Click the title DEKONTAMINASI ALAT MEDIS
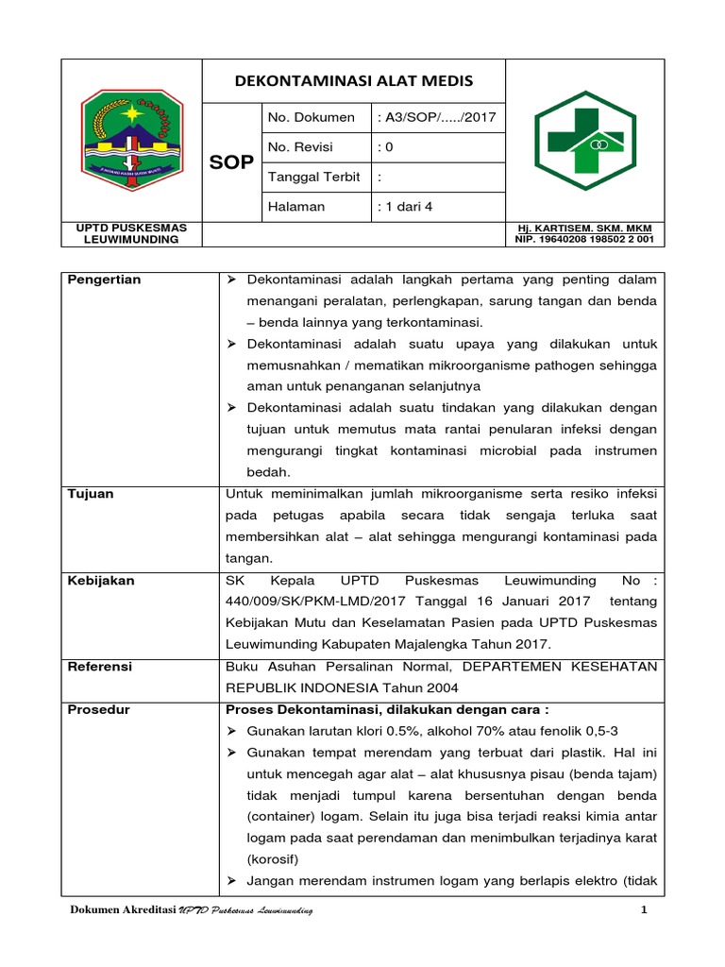(x=354, y=81)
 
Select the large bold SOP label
(x=231, y=162)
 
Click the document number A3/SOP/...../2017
(x=428, y=118)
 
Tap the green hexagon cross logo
(x=585, y=140)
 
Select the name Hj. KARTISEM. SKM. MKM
(x=583, y=229)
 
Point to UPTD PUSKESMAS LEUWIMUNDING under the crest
(x=131, y=233)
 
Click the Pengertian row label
(x=104, y=280)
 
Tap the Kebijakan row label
(x=100, y=581)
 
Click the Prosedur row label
(x=98, y=709)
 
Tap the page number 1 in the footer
(x=642, y=910)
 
